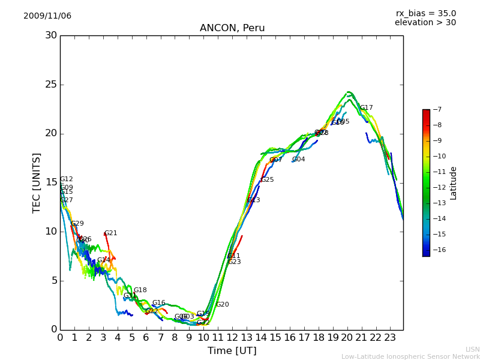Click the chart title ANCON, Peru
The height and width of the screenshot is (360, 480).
232,28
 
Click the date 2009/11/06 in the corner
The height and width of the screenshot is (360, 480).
47,16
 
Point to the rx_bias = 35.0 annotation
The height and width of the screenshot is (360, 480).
425,13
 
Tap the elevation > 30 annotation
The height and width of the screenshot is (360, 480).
425,23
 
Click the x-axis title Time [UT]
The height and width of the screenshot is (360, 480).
232,351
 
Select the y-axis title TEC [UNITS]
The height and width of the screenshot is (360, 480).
37,182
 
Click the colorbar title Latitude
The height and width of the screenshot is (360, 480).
454,183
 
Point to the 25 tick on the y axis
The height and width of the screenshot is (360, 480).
51,85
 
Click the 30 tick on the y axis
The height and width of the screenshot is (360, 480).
51,35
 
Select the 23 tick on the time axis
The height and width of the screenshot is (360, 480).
389,338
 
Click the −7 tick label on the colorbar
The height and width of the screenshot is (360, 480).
437,110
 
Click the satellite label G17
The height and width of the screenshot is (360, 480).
366,108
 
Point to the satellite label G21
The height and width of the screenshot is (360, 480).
111,233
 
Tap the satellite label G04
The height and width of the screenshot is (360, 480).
298,160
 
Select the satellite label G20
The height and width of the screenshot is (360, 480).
223,305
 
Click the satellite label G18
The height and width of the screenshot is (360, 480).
140,290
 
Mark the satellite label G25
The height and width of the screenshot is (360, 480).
267,180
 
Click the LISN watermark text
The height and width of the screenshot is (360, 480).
472,349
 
